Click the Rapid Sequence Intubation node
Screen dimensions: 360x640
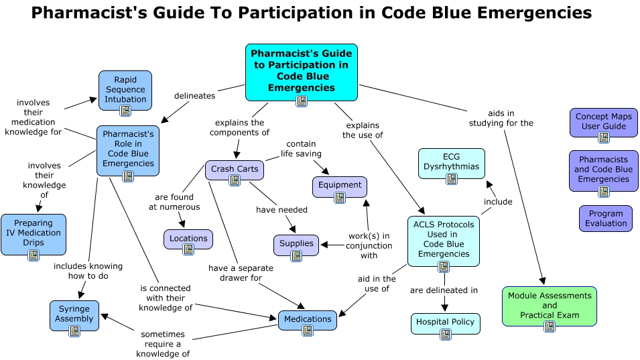[x=125, y=90]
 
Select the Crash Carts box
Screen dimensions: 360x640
[x=234, y=170]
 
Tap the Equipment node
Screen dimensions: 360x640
[x=340, y=186]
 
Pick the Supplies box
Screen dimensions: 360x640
[x=296, y=244]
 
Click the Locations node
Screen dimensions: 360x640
[x=188, y=239]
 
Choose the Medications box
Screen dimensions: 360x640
[x=308, y=319]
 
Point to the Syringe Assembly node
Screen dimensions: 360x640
[x=74, y=314]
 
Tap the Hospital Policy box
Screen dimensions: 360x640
[x=445, y=322]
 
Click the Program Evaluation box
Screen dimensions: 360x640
[x=606, y=219]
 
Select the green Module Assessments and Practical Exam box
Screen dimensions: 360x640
[x=549, y=306]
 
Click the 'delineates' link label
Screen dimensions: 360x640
[x=194, y=96]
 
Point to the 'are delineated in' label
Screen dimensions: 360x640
[x=444, y=290]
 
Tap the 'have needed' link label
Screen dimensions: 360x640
[x=281, y=210]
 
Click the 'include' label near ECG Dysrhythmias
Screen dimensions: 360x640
[x=498, y=202]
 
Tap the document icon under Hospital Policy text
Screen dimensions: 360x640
[x=445, y=334]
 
